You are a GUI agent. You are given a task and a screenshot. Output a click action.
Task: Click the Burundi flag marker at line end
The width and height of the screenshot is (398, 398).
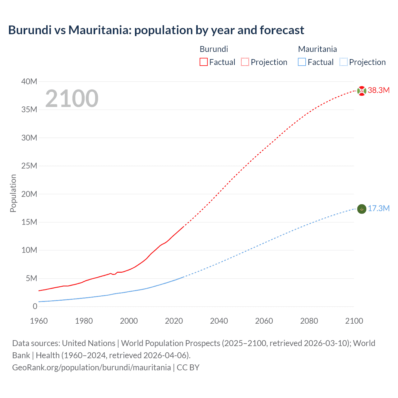tap(362, 91)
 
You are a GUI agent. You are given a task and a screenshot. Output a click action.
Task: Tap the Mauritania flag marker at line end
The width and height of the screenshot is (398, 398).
tap(362, 209)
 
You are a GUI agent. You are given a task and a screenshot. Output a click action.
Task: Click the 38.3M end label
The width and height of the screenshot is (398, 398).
tap(378, 90)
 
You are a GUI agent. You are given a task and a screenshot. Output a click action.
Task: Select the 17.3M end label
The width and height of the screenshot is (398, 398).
tap(378, 209)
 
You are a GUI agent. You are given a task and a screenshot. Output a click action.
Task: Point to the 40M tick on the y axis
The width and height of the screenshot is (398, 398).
tap(29, 82)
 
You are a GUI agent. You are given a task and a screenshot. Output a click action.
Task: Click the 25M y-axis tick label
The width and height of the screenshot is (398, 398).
tap(29, 166)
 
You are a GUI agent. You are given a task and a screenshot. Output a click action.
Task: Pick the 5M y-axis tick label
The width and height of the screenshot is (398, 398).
tap(31, 279)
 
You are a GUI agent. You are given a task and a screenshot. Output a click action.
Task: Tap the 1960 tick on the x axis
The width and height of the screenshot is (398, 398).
tap(39, 321)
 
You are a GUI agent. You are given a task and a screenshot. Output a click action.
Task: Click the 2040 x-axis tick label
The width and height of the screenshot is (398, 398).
tap(219, 321)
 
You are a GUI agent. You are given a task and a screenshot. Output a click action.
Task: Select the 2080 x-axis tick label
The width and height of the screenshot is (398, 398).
tap(309, 321)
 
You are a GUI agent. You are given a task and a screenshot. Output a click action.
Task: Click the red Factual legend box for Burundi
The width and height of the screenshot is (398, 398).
tap(204, 62)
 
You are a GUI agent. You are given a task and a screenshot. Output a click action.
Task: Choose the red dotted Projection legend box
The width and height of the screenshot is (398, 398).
tap(245, 62)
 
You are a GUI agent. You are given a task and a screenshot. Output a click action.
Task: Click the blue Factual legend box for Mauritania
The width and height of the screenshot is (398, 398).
tap(302, 62)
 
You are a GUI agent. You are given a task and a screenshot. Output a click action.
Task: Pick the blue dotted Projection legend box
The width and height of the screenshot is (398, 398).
tap(343, 62)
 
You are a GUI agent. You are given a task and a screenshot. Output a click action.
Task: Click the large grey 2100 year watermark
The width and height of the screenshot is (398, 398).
tap(72, 99)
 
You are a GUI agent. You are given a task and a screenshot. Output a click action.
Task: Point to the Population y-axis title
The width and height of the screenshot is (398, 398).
tap(13, 193)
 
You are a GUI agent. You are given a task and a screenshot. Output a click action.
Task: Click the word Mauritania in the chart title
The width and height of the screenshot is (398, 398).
tap(99, 30)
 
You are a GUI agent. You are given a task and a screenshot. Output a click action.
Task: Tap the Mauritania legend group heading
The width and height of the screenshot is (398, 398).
tap(317, 49)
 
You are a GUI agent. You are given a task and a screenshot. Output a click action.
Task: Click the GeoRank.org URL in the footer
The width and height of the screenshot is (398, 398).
tap(91, 368)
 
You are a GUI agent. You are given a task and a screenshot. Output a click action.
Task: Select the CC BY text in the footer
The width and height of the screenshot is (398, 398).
tap(188, 368)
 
